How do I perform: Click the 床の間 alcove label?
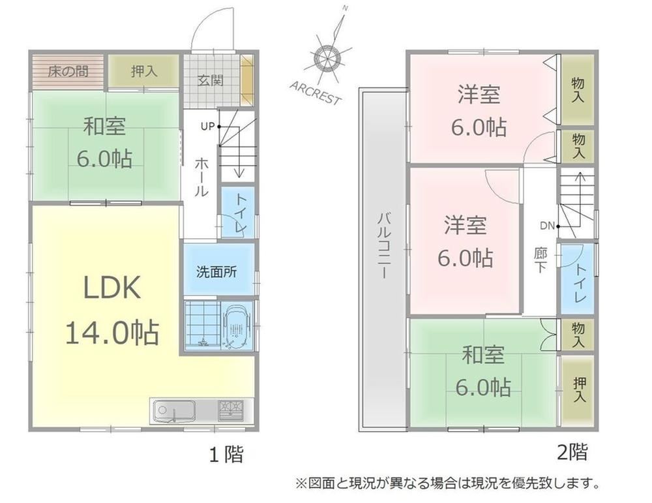(68, 71)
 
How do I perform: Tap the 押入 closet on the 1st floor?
(144, 71)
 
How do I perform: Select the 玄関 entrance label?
(211, 80)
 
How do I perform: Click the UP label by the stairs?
(207, 126)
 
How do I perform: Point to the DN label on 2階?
(547, 226)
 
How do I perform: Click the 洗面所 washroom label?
(216, 271)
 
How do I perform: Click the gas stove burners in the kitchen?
(231, 410)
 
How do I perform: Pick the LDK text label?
(112, 288)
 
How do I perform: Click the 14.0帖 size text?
(112, 332)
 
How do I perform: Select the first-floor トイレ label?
(241, 213)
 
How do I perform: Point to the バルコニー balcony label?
(384, 247)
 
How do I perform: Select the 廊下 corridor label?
(540, 260)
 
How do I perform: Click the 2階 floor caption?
(572, 452)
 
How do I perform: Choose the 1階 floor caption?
(226, 454)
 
